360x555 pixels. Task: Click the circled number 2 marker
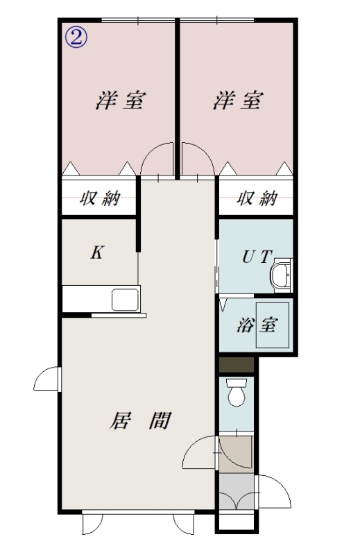tap(76, 38)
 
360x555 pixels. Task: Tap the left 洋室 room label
tap(121, 100)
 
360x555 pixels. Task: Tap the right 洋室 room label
tap(238, 100)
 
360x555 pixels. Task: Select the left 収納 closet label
tap(100, 198)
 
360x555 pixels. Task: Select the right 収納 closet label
tap(257, 198)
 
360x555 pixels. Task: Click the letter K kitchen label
tap(96, 253)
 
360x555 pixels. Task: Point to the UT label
tap(257, 257)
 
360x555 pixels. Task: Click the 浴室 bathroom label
tap(257, 325)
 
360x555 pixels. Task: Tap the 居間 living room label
tap(141, 420)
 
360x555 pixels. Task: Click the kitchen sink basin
tap(125, 300)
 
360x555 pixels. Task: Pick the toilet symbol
tap(237, 392)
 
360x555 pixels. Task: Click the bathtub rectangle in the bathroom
tap(273, 325)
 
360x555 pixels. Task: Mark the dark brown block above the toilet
tap(236, 365)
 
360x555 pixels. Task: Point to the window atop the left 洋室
tap(138, 20)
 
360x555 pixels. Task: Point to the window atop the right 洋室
tap(217, 20)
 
